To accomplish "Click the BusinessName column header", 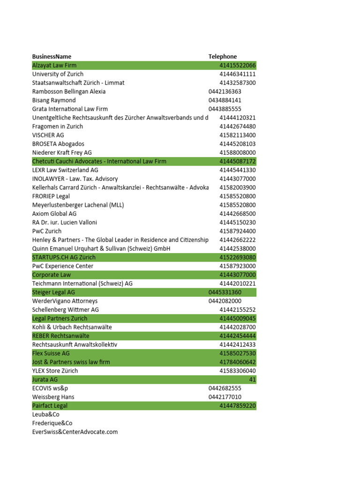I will click(52, 57).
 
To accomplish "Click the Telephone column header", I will click(223, 57).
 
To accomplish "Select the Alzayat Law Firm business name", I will click(54, 66).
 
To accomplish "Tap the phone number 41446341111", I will click(237, 74).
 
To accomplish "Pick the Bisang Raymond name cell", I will click(54, 100).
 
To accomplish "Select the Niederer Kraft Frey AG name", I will click(62, 153).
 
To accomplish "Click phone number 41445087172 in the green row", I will click(237, 162).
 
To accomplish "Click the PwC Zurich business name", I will click(47, 231).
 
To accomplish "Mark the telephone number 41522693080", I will click(237, 257).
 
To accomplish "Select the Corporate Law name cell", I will click(52, 275).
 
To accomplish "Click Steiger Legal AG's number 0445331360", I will click(225, 292).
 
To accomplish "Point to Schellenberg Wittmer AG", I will click(66, 310).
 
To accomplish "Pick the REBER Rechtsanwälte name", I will click(60, 336).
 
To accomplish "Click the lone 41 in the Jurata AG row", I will click(252, 380).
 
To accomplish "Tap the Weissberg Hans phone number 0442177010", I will click(225, 397).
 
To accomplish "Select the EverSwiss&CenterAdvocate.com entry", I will click(75, 432).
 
